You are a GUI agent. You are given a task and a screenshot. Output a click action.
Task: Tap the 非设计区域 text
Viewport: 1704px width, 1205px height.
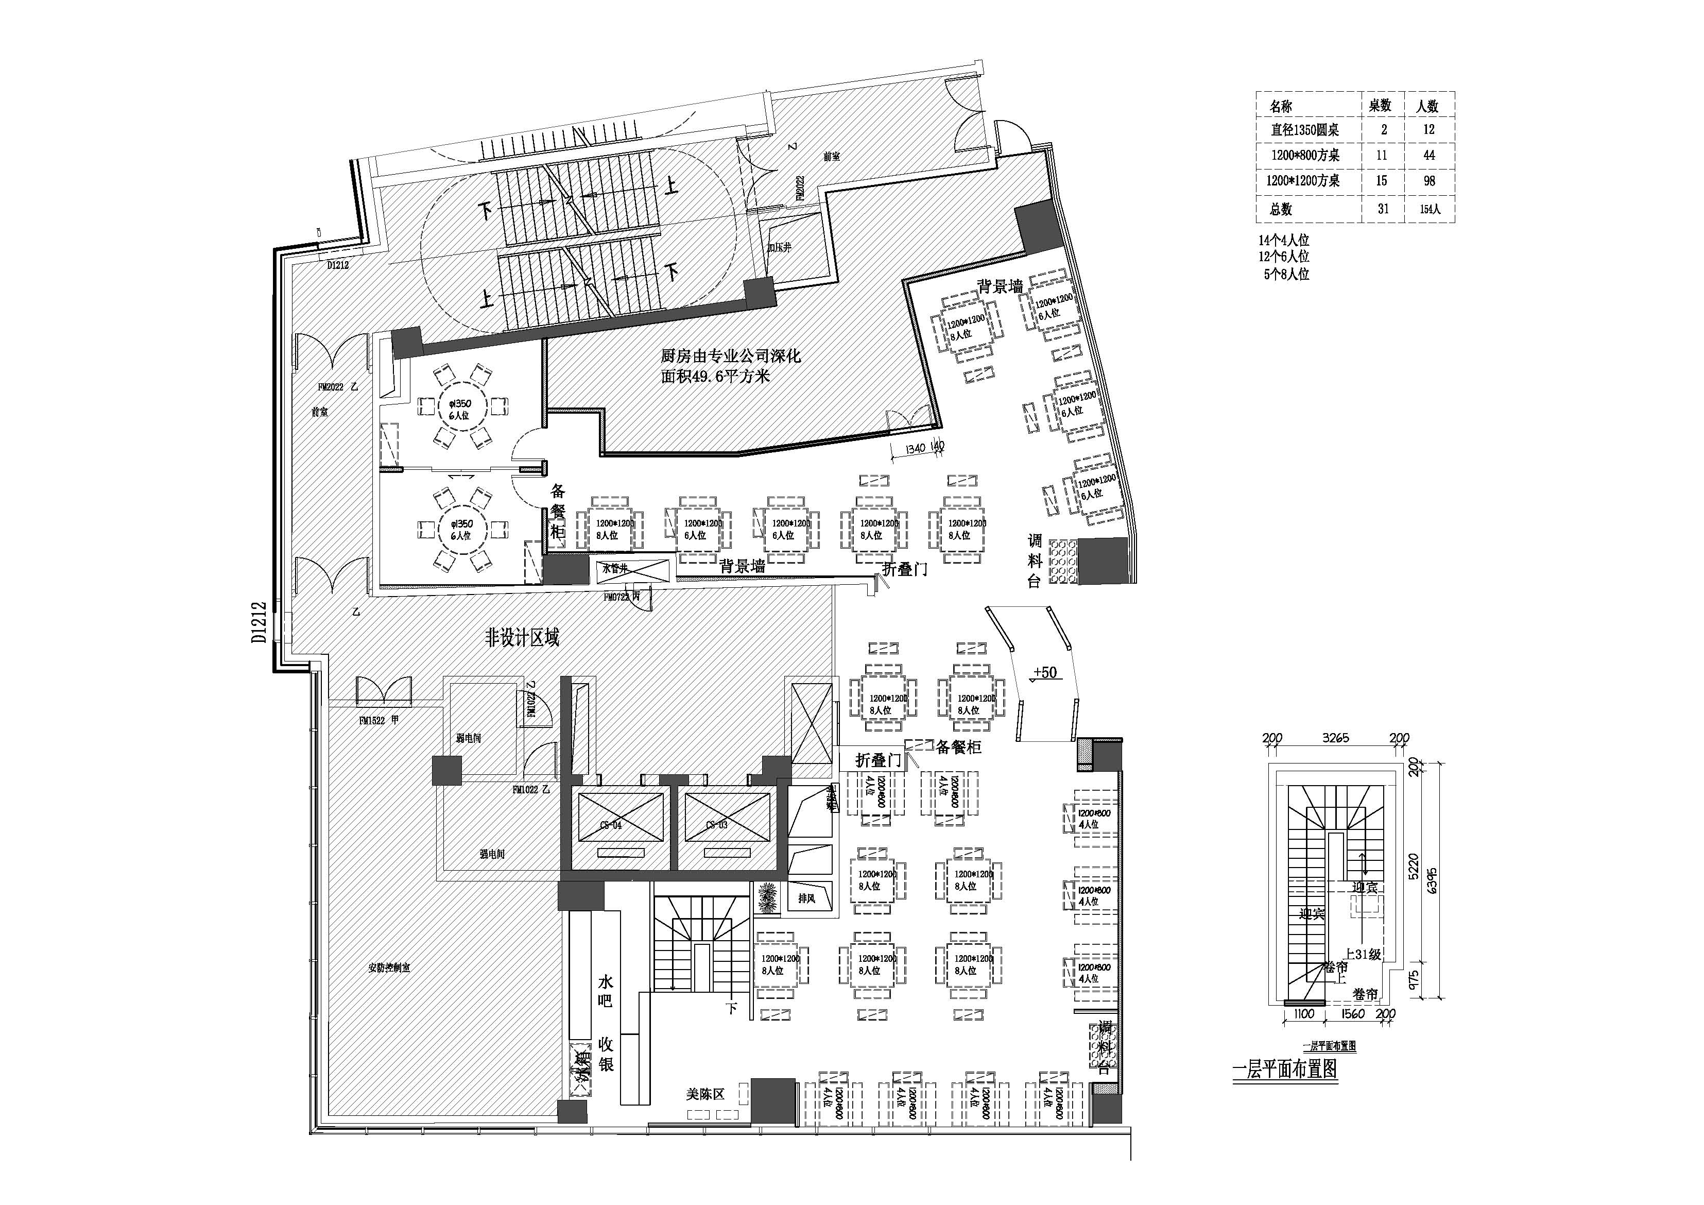click(522, 637)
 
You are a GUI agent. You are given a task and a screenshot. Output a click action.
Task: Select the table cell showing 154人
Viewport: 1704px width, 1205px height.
click(1430, 209)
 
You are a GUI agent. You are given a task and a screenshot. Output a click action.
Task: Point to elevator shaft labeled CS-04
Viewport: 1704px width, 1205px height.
click(611, 825)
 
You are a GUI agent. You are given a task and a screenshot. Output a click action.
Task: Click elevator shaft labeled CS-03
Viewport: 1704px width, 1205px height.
click(716, 825)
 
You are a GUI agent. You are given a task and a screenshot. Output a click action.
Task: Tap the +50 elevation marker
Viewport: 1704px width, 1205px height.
click(1044, 673)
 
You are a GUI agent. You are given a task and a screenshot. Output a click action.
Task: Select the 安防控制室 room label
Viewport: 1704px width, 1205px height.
click(389, 968)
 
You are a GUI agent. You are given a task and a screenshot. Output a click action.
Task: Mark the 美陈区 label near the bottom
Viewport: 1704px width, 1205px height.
click(704, 1094)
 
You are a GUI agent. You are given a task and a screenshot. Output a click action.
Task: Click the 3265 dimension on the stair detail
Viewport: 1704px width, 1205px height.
click(1335, 738)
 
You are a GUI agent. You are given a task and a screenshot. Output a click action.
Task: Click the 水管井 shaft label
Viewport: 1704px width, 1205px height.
click(615, 569)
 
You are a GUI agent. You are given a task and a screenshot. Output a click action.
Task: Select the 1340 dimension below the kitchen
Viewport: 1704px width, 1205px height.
click(915, 448)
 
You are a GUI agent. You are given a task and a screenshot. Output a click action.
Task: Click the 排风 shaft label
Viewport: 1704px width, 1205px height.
click(807, 898)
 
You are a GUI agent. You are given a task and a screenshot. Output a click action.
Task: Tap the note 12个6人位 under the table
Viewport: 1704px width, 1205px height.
click(1283, 257)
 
